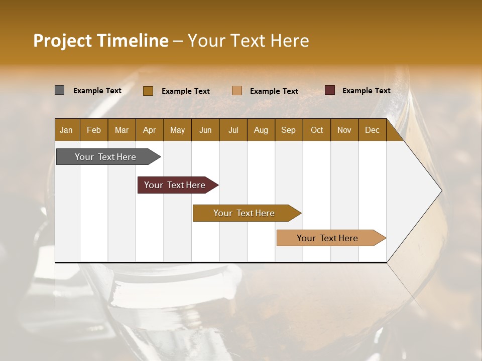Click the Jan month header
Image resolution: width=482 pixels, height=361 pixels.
66,130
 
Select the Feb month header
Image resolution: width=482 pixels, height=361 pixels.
94,130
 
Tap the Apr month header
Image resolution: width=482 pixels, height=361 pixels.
149,130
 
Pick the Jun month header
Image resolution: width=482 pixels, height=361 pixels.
205,130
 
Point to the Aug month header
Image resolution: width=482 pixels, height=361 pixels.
261,130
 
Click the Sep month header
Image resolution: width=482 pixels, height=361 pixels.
288,130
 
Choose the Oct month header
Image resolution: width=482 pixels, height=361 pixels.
317,130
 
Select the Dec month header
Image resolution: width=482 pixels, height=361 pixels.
372,130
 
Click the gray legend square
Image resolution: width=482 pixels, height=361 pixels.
59,90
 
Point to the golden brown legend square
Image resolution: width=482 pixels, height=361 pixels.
148,91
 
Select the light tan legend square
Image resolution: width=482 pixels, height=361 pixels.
237,91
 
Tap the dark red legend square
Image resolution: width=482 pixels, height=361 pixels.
329,90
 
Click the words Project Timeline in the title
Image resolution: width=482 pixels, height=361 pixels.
101,41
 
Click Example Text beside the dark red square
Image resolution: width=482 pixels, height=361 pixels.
366,91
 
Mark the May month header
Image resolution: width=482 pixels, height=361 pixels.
177,130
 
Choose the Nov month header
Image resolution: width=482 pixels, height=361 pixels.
344,130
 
